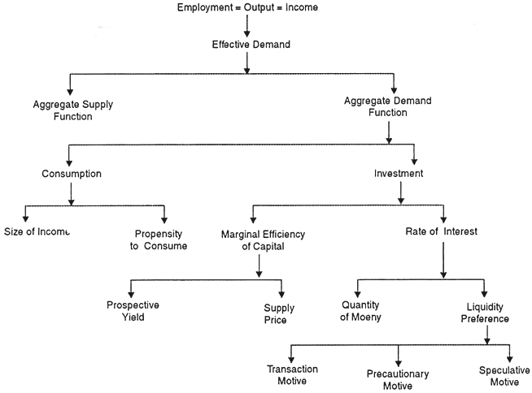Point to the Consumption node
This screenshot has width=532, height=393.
(x=72, y=174)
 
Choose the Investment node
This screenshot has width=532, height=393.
(x=399, y=174)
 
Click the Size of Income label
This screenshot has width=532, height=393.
(x=37, y=232)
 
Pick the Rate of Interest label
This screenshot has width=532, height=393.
(x=442, y=231)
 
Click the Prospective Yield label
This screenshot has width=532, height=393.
(x=133, y=312)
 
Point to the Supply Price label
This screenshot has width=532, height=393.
(x=279, y=313)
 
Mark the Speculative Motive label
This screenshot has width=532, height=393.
(x=505, y=374)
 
